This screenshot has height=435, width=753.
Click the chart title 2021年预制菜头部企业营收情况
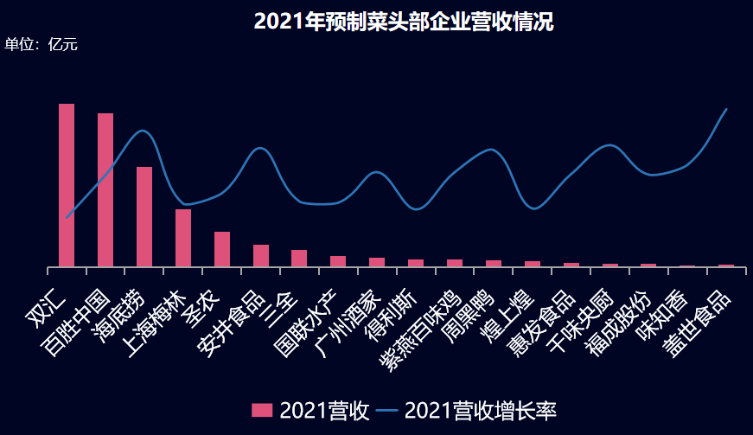404,22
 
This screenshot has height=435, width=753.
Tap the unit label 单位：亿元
41,44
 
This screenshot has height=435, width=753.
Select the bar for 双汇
67,185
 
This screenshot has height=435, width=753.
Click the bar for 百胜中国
105,189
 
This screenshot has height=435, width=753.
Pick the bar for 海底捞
144,216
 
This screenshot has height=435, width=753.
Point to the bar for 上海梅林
183,238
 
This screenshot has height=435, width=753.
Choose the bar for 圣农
222,249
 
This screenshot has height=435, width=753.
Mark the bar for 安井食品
261,255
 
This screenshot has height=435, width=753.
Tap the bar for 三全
299,258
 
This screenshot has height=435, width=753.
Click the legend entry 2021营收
310,410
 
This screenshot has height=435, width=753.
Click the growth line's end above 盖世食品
726,109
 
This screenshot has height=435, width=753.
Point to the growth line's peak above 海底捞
144,131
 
